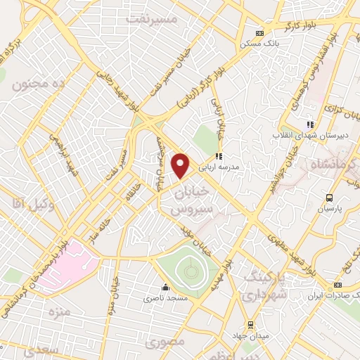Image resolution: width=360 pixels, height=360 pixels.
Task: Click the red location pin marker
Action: pos(181,165)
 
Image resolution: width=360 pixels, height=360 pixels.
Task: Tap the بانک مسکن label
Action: pos(256,43)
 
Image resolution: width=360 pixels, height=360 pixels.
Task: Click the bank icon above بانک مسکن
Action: pos(260,32)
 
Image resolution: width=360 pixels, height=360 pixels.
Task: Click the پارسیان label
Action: pos(329,209)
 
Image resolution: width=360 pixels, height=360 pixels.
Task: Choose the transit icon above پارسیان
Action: pos(329,198)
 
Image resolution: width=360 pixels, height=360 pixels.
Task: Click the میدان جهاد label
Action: pos(253,336)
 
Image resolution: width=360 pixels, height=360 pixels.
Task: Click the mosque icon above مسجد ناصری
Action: pos(166,287)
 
